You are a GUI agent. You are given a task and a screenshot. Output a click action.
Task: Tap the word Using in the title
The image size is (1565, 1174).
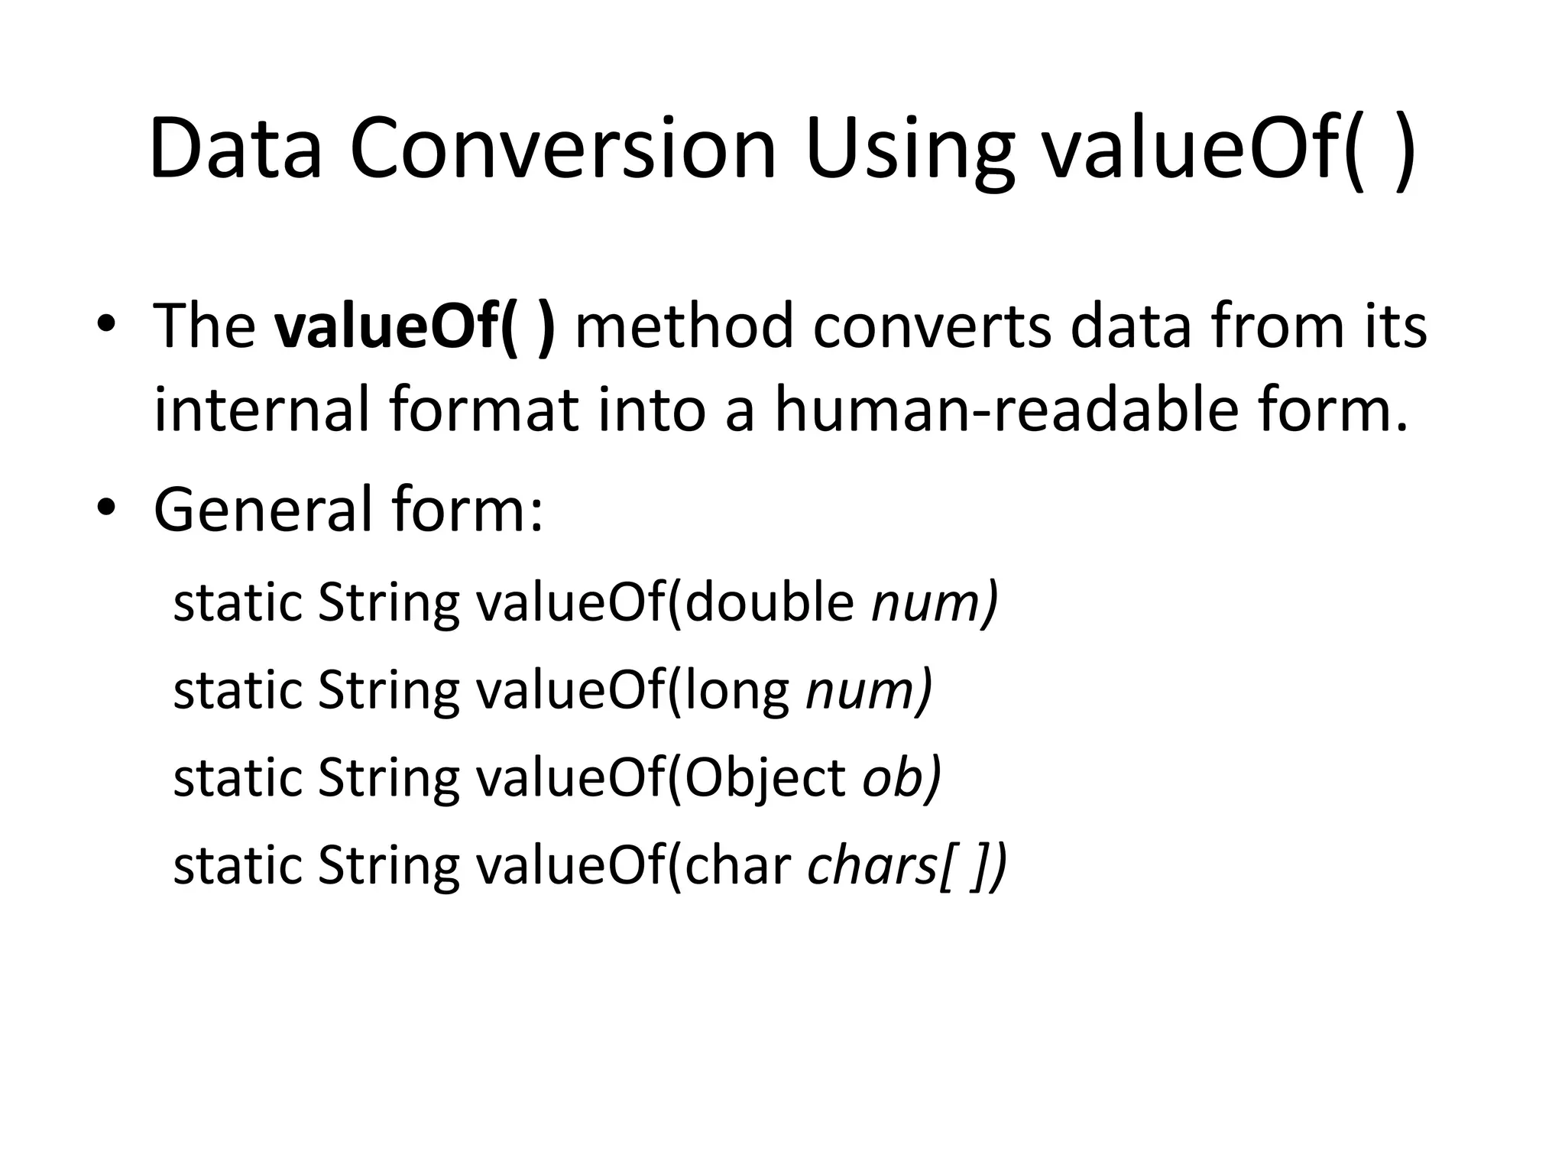909,151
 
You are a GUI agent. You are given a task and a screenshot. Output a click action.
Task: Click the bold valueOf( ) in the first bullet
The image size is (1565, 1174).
415,327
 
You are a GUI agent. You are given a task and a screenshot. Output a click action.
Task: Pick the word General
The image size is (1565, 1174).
261,511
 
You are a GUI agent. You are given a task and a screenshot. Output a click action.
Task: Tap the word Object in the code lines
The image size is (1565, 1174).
764,779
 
